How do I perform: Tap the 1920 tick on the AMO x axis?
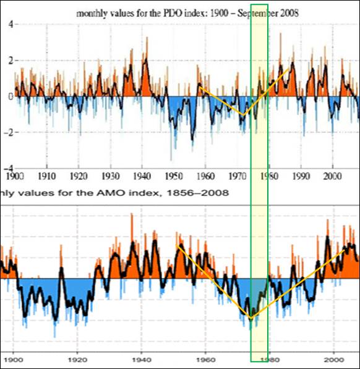click(77, 358)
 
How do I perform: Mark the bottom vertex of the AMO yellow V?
click(251, 318)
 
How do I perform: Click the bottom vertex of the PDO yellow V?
click(242, 115)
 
